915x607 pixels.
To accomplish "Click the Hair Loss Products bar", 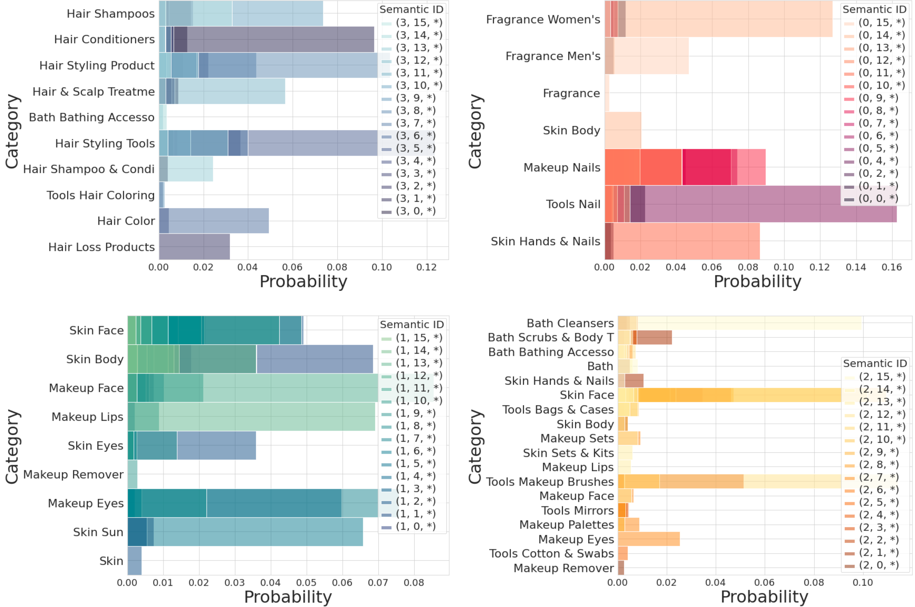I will (x=194, y=247).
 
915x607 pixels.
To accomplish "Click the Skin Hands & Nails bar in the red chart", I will (x=682, y=241).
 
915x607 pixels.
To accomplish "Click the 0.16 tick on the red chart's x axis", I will (x=891, y=267).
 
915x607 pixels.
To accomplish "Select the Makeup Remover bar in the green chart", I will (x=133, y=474).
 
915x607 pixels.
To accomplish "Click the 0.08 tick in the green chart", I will (x=414, y=583).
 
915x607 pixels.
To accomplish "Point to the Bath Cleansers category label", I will (x=570, y=323).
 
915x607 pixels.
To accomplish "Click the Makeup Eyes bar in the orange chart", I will (x=649, y=539).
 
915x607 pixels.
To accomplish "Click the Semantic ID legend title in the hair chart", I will (x=411, y=9).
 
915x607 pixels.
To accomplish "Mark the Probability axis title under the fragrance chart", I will (x=757, y=281).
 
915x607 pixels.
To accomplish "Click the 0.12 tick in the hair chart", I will (x=426, y=267).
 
